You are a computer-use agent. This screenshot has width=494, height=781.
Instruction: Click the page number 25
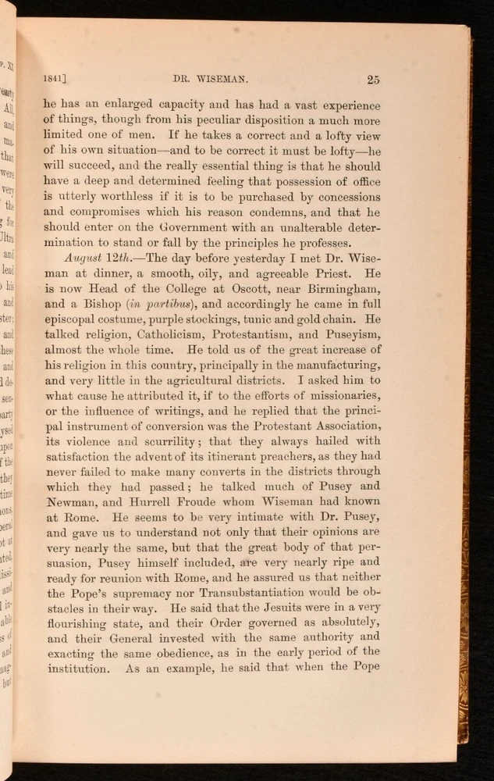[x=372, y=79]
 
